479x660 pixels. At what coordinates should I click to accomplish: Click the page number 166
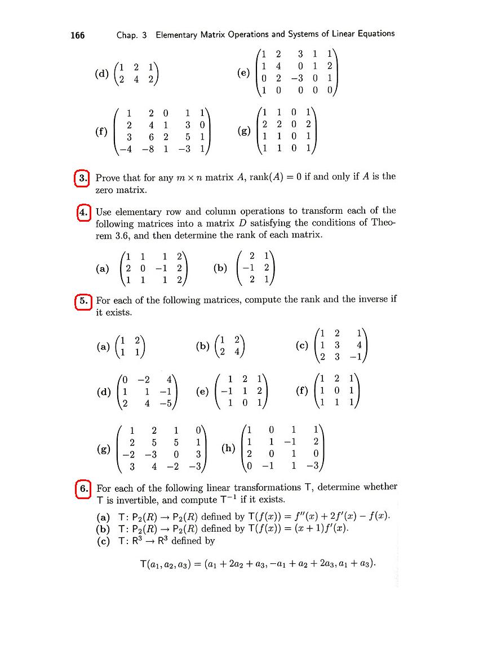(x=77, y=35)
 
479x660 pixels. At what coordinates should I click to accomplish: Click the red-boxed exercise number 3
(x=83, y=178)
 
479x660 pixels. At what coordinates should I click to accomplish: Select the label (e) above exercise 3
(x=244, y=73)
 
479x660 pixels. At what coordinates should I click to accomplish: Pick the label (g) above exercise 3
(x=244, y=132)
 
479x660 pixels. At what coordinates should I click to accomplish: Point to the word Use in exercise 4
(x=104, y=212)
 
